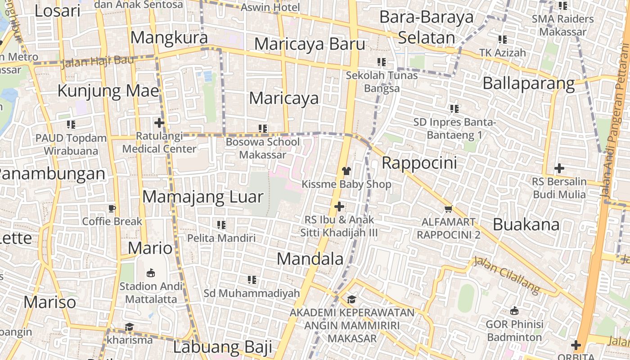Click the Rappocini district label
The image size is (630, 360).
point(419,163)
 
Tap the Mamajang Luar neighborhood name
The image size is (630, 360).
point(202,197)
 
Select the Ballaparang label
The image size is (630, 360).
point(528,84)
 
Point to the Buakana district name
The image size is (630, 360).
point(526,224)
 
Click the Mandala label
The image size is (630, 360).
point(310,259)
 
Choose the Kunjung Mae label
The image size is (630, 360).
point(108,91)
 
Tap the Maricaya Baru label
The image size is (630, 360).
point(310,44)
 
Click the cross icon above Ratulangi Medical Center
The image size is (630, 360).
point(159,122)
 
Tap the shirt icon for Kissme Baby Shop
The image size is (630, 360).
point(346,171)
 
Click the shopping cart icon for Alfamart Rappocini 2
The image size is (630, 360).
point(448,209)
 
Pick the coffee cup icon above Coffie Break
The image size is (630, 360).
point(112,208)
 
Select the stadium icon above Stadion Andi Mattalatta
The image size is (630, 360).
point(151,273)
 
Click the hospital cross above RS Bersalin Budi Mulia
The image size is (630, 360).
point(559,168)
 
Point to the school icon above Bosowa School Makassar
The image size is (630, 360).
point(263,129)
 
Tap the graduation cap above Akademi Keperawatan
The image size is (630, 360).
point(351,299)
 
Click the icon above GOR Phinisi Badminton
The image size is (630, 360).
point(514,310)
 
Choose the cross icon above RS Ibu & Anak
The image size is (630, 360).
point(339,207)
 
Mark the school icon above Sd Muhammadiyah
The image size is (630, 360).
point(252,280)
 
